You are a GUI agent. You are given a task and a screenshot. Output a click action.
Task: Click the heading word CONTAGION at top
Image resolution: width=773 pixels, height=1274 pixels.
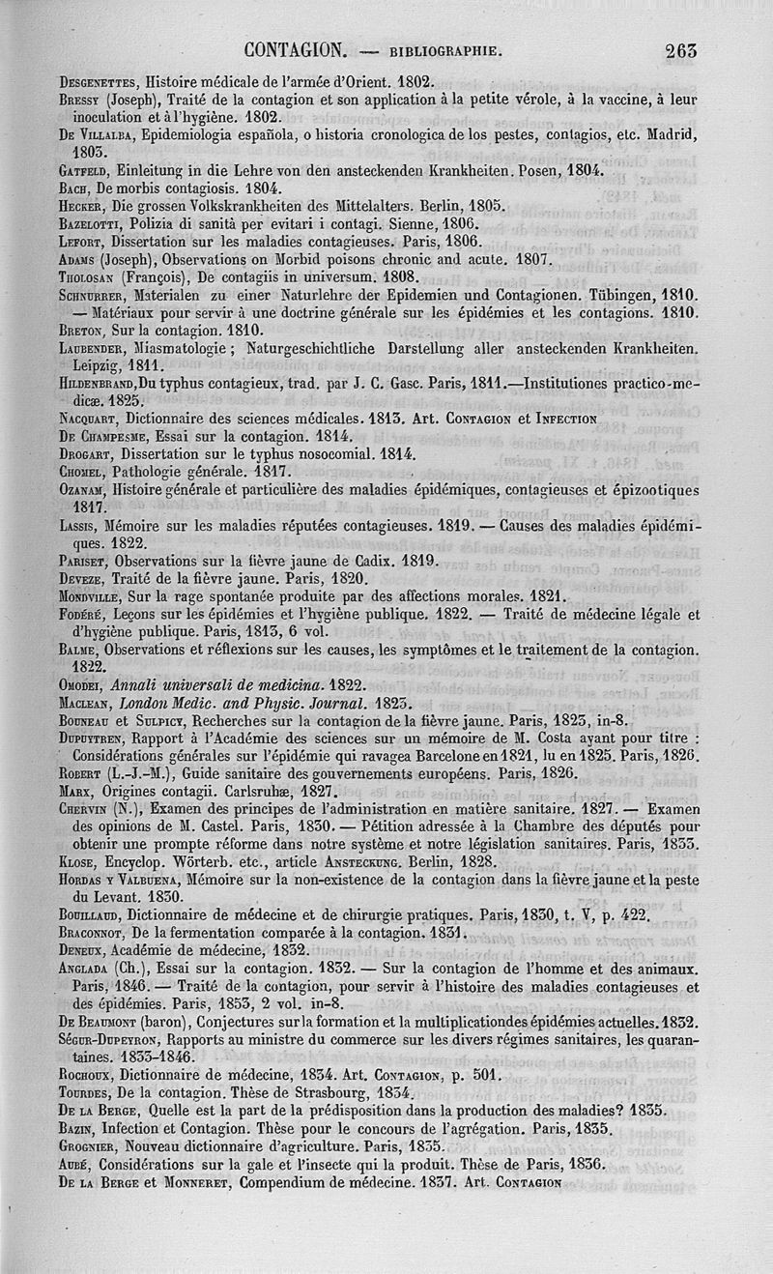pos(296,49)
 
